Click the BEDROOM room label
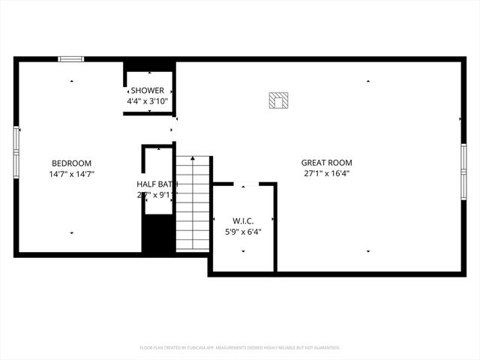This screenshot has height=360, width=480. [x=71, y=163]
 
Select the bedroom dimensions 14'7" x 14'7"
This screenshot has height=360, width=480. [x=71, y=174]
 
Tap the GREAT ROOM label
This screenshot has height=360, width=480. [x=326, y=162]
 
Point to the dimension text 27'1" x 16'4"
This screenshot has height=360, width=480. [x=326, y=172]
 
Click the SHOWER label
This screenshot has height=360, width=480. [x=147, y=90]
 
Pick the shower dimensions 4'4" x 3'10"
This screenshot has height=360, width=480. [x=147, y=100]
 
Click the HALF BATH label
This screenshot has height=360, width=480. [x=157, y=184]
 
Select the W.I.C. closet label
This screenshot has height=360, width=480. [x=243, y=221]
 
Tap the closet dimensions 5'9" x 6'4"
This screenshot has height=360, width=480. [x=243, y=232]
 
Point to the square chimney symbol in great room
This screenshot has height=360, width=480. [x=279, y=100]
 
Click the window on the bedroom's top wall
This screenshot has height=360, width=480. [x=71, y=59]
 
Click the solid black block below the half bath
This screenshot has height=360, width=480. [x=158, y=235]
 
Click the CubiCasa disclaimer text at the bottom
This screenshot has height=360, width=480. [x=240, y=348]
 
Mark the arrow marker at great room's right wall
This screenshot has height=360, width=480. [x=459, y=118]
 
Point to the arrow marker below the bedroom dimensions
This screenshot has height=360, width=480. [x=72, y=233]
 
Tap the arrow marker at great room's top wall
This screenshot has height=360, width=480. [x=368, y=81]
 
